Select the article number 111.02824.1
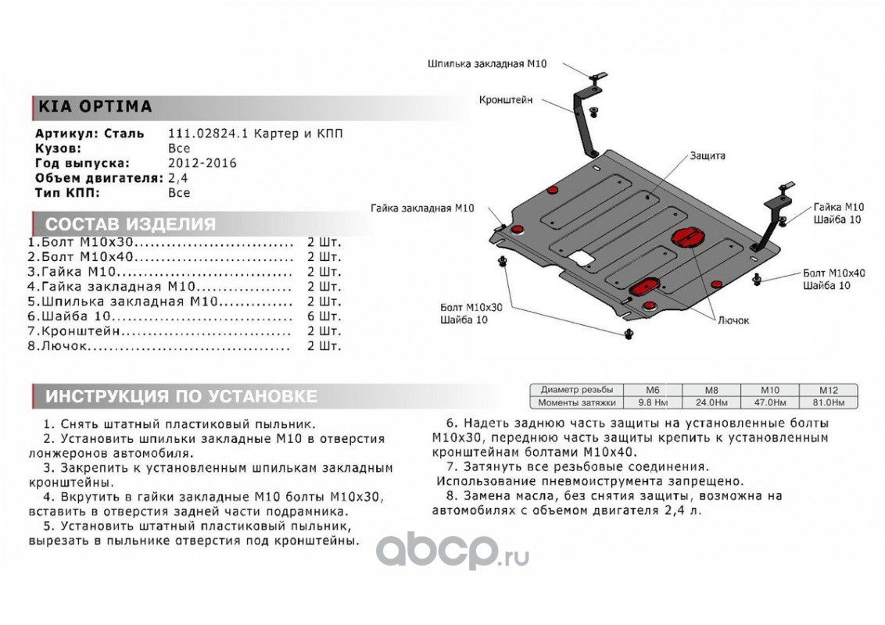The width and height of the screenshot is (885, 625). (205, 134)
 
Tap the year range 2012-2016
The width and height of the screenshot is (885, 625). (202, 163)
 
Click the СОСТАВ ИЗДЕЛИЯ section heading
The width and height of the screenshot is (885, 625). (130, 225)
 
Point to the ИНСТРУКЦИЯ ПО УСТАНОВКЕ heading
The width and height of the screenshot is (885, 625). (181, 396)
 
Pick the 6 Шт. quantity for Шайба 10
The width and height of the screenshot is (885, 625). (324, 316)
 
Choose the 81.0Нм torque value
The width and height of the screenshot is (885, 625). (828, 402)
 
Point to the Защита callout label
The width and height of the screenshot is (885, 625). (707, 156)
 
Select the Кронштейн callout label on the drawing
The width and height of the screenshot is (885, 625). (506, 100)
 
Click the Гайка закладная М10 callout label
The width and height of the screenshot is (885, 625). (422, 209)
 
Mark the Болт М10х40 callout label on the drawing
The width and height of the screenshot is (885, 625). (834, 273)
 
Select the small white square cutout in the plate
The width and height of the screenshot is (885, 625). (580, 256)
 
